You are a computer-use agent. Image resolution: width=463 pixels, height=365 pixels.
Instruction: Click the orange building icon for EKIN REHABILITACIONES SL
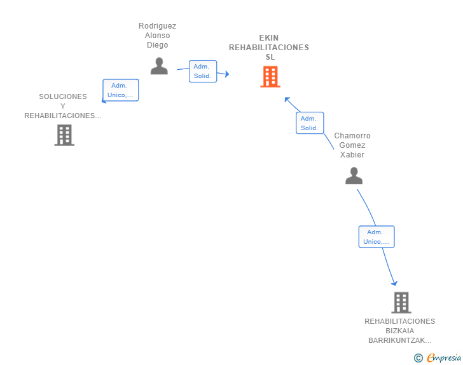point(270,77)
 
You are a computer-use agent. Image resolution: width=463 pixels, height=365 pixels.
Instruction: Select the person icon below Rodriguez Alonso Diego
point(159,66)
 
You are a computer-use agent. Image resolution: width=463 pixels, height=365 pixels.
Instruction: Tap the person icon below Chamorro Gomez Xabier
point(354,176)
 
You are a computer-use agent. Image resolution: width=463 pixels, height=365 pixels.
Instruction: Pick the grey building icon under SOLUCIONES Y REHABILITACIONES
point(64,135)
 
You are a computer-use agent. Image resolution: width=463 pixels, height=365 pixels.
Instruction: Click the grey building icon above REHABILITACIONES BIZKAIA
point(401,303)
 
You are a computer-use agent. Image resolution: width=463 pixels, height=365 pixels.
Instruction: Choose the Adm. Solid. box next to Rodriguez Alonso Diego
point(203,71)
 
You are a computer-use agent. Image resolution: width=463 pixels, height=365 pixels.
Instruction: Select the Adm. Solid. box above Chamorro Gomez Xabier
point(310,123)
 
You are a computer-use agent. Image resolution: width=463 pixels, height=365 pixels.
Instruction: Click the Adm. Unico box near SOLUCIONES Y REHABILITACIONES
point(120,90)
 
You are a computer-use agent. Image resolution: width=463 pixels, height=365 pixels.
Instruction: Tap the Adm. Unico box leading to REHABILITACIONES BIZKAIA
point(377,237)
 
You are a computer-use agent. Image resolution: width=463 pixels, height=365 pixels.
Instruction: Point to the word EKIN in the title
point(268,38)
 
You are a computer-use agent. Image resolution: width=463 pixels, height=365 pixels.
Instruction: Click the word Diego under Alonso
point(157,45)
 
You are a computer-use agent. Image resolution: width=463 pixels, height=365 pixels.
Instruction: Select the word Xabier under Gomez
point(352,155)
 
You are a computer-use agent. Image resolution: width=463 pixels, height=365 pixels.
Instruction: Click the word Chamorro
point(352,136)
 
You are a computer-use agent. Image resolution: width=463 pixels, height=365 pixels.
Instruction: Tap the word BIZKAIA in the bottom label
point(400,331)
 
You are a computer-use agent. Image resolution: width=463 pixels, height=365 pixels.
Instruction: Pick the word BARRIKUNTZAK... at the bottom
point(400,340)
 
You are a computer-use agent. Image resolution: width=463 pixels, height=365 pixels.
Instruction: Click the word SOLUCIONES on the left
point(63,96)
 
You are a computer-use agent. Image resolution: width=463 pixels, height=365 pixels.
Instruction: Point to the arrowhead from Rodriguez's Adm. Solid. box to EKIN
point(227,74)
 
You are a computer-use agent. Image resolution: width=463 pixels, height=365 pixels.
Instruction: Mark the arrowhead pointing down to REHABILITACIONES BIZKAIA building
point(394,284)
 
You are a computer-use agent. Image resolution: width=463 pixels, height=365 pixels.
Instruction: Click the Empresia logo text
point(444,357)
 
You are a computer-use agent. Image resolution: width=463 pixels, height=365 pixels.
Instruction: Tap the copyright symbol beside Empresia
point(418,358)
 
